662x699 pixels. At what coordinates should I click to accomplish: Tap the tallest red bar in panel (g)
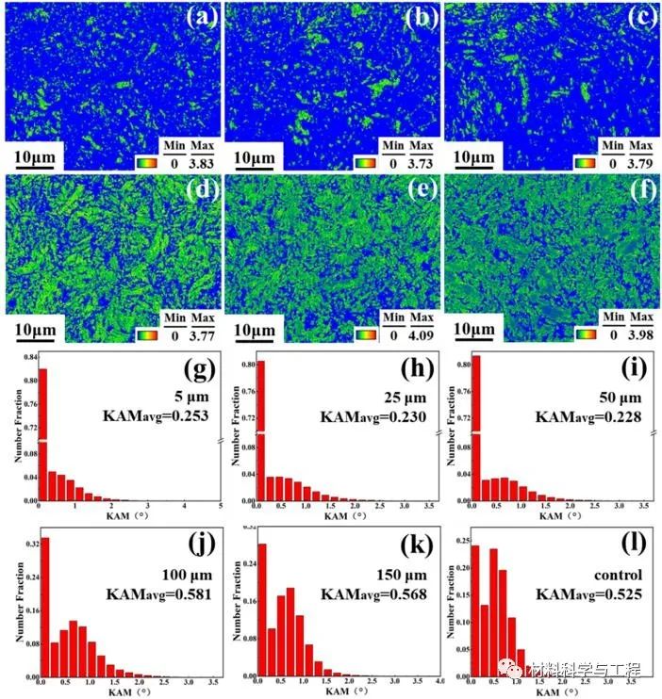[41, 433]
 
